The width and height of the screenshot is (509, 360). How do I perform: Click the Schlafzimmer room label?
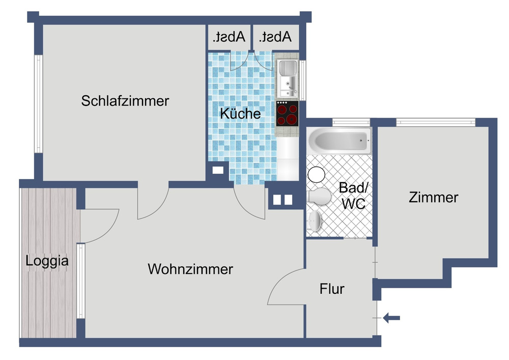coord(125,101)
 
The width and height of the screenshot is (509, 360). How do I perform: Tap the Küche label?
coord(240,114)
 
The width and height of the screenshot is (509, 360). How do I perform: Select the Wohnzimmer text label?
coord(190,269)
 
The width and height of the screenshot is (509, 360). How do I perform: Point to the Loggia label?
coord(47,261)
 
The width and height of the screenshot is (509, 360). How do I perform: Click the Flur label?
coord(332,289)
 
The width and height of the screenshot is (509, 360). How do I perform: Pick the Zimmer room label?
coord(433,197)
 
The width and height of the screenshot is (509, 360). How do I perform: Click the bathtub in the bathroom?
coord(338,140)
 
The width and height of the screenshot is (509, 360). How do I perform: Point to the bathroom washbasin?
coord(315,221)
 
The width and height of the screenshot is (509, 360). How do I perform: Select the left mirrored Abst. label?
coord(229,37)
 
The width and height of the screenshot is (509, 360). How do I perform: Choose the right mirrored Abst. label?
coord(275,37)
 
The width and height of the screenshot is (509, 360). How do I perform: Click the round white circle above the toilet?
coord(317,175)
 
